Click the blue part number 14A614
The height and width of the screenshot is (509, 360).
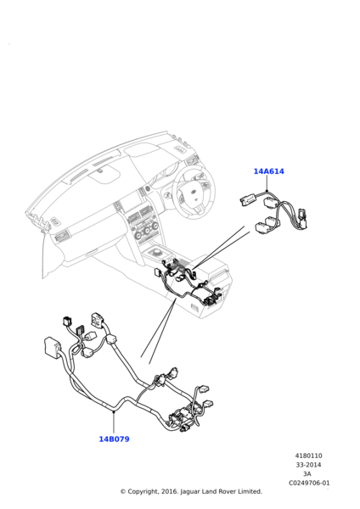pos(268,171)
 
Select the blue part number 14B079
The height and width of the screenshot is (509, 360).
pos(114,439)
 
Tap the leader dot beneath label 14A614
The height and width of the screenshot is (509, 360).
pos(267,191)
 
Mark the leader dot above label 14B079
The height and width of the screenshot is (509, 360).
pos(114,411)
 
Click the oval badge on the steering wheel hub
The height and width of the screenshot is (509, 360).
pos(194,193)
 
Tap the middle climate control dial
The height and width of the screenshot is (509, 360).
pos(148,231)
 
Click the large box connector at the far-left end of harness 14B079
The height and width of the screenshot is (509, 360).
pos(52,346)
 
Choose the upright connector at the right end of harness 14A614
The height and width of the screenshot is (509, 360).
pos(303,219)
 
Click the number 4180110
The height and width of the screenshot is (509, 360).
pos(309,456)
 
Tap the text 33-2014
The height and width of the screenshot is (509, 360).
pos(308,465)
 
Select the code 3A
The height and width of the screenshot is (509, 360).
pos(307,474)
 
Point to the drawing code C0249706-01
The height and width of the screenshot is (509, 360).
pos(309,483)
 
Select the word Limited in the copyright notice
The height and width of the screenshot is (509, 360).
pos(250,491)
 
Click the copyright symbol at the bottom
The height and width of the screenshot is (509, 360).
pos(123,492)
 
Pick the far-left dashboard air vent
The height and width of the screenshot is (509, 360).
pos(62,235)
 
